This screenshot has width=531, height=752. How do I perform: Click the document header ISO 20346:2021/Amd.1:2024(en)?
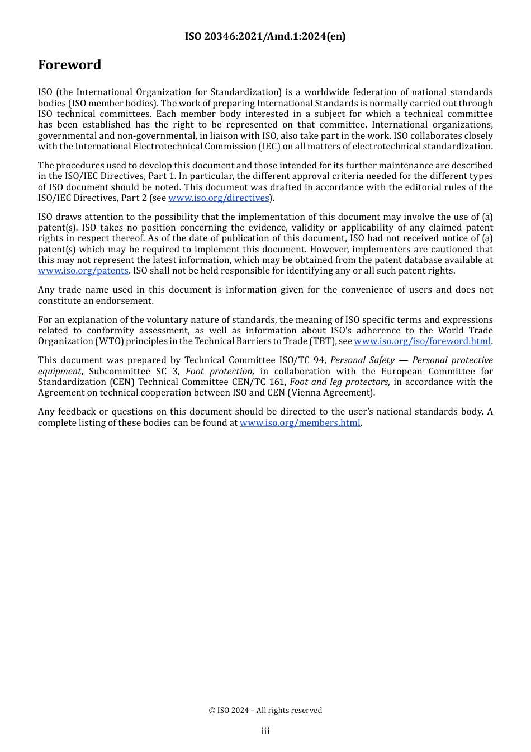tap(265, 36)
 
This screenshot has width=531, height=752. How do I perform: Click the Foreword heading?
tap(69, 65)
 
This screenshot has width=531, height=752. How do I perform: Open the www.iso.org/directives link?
tap(219, 198)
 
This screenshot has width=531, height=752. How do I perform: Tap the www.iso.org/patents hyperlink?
tap(83, 271)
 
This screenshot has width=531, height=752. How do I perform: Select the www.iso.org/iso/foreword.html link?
tap(422, 341)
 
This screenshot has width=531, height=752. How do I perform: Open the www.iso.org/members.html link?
tap(300, 423)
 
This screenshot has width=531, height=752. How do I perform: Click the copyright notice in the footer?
tap(265, 710)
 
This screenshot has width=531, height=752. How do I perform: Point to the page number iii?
tap(265, 731)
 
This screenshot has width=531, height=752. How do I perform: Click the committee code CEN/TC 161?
tap(259, 382)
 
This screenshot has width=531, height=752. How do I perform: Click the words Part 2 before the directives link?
tap(134, 198)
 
